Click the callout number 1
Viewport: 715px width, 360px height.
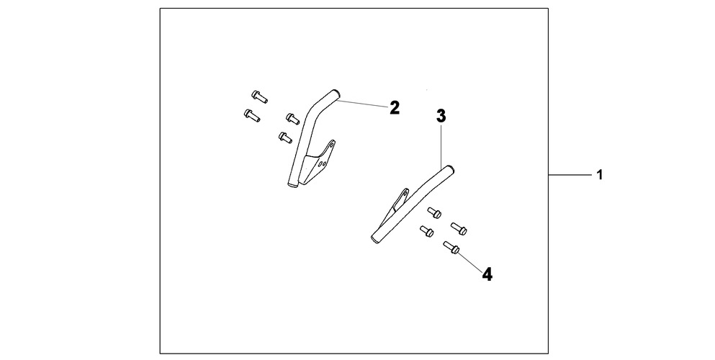pos(600,174)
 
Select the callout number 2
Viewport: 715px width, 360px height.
pos(395,108)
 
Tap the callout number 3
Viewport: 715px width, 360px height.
pos(441,116)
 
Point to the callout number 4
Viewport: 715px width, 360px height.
pos(487,274)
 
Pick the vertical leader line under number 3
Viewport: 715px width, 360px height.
pos(441,145)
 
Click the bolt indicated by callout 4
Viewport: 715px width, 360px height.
pos(451,248)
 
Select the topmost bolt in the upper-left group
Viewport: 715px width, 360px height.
pos(259,96)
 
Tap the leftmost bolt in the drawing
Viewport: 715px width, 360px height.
pos(252,116)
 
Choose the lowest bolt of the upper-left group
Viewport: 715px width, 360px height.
pos(285,137)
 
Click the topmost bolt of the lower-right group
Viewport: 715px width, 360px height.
pos(434,212)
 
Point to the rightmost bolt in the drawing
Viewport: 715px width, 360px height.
pos(459,228)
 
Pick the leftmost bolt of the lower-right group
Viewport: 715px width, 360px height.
pos(426,231)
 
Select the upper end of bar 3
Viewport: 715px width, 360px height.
pos(451,170)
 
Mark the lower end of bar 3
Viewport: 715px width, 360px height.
pos(375,238)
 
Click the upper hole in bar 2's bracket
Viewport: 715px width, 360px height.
pos(332,145)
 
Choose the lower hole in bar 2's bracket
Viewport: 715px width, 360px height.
pos(323,163)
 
